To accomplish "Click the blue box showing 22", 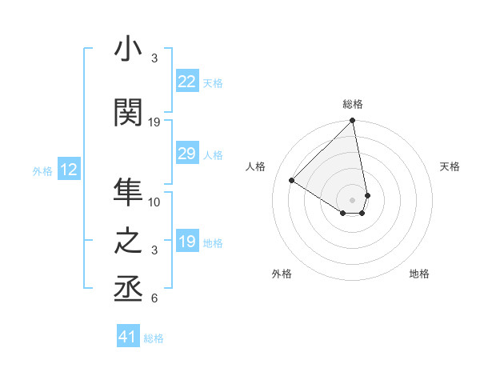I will tap(186, 82).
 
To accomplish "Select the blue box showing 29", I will tap(186, 154).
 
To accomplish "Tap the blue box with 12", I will tap(68, 170).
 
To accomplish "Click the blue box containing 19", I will tap(186, 242).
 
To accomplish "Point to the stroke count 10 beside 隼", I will tap(154, 202).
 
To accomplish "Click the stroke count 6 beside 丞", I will tap(154, 299).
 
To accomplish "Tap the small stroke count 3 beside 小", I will tap(154, 58).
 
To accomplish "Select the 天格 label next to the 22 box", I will tap(213, 82).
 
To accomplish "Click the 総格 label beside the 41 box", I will tap(154, 338).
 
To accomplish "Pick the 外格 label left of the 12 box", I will tap(42, 170).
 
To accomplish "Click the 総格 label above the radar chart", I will tap(353, 104).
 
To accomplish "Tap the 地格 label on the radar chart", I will tap(419, 274).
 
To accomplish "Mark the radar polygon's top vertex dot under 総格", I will tap(353, 122).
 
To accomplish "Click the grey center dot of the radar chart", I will tap(352, 199).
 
